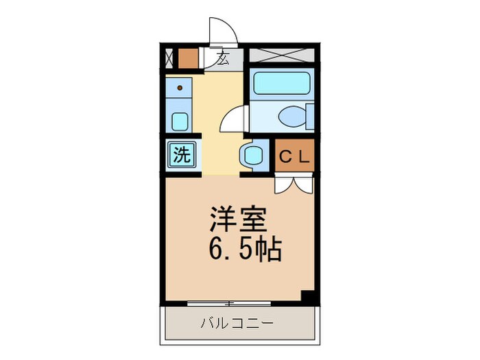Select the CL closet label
[295, 156]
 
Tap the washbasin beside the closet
[252, 155]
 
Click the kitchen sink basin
[180, 122]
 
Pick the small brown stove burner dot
[180, 88]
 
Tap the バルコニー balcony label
[237, 322]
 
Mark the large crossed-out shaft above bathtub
[281, 57]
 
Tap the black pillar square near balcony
[307, 297]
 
